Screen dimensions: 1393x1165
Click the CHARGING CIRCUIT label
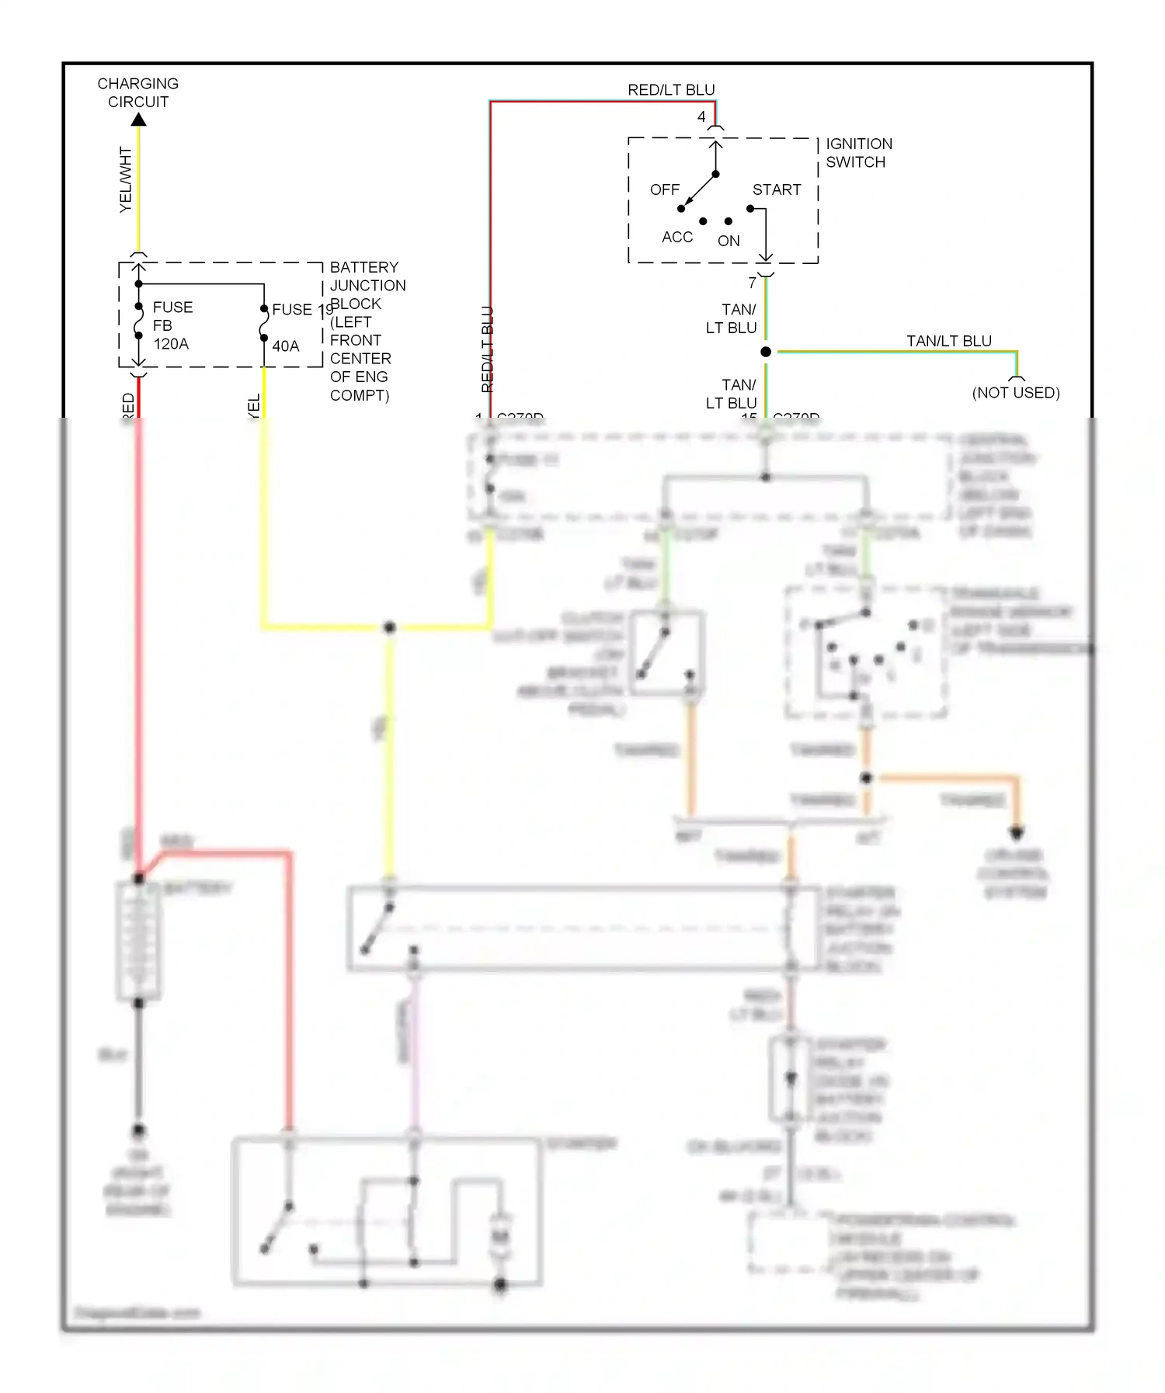tap(137, 92)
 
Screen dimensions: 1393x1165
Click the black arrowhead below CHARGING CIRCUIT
tap(138, 120)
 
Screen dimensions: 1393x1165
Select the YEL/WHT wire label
tap(126, 179)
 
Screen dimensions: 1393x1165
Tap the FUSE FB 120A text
tap(172, 325)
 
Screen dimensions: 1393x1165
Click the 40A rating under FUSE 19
tap(285, 346)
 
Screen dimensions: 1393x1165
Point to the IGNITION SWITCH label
tap(858, 153)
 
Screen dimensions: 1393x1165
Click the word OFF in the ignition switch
tap(664, 189)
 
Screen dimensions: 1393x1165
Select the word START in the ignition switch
tap(776, 189)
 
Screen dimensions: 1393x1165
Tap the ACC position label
tap(676, 237)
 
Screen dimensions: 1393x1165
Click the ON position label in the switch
tap(728, 241)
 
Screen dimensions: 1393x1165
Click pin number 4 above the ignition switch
tap(701, 116)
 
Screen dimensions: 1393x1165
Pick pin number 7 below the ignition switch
tap(752, 283)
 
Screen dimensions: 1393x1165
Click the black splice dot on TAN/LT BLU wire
tap(766, 352)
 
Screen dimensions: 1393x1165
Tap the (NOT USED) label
tap(1015, 393)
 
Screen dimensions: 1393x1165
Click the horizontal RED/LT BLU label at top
tap(671, 90)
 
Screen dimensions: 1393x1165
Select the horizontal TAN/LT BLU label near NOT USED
tap(948, 341)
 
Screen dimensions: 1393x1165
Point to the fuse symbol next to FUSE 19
tap(264, 323)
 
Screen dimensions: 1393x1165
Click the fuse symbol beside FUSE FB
tap(139, 321)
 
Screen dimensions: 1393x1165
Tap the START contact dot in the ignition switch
tap(750, 208)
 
